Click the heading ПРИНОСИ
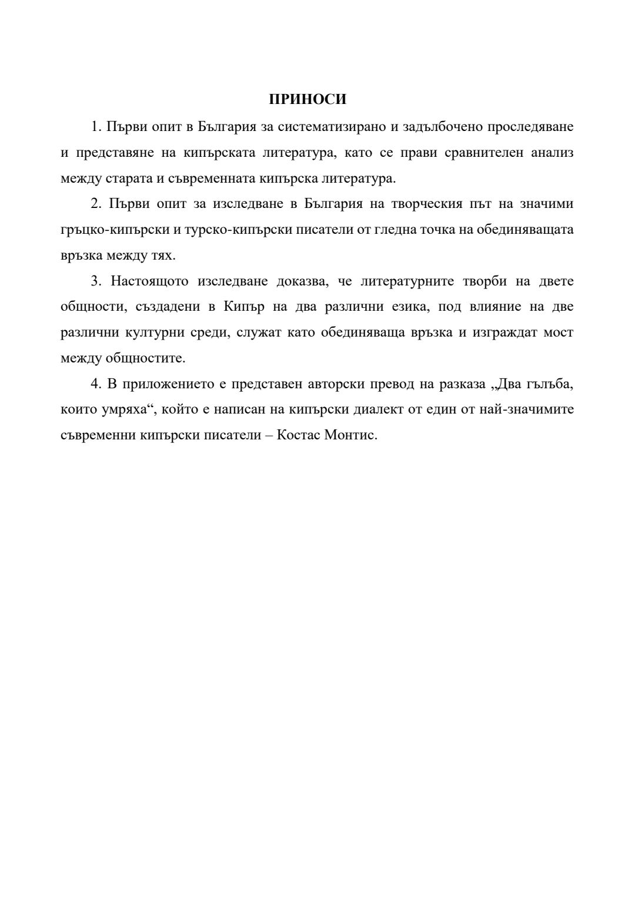308,99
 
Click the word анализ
552,152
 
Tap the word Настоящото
149,281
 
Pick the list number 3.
96,281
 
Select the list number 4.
96,384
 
